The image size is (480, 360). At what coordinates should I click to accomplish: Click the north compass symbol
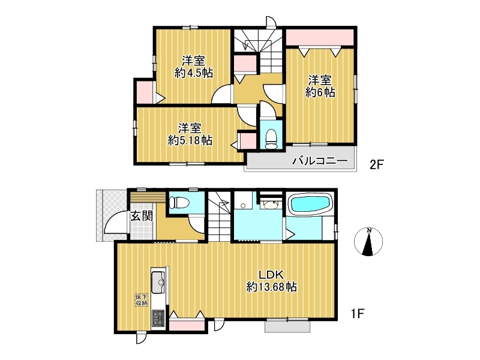[x=368, y=242]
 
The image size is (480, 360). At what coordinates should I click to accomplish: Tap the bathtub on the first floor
[x=310, y=203]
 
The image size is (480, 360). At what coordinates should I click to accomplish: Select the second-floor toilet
[x=271, y=139]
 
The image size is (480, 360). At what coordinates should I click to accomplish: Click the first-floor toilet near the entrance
[x=179, y=202]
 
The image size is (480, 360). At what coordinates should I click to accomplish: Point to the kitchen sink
[x=158, y=282]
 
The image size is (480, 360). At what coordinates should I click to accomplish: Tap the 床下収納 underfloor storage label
[x=142, y=299]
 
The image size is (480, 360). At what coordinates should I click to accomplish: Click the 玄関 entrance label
[x=142, y=216]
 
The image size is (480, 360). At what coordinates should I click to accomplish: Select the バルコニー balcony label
[x=320, y=160]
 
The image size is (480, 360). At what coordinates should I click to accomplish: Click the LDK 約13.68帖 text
[x=272, y=281]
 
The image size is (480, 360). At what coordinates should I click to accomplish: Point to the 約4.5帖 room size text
[x=194, y=73]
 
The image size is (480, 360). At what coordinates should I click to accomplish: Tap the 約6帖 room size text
[x=320, y=92]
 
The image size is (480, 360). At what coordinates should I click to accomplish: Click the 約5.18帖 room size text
[x=190, y=140]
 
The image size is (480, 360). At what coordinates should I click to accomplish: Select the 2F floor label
[x=377, y=164]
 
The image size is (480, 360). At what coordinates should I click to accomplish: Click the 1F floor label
[x=357, y=313]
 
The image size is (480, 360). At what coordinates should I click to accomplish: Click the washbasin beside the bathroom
[x=271, y=204]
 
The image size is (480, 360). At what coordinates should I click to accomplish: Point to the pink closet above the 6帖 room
[x=320, y=37]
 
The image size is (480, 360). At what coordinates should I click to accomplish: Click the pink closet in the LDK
[x=187, y=325]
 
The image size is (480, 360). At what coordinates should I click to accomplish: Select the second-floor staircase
[x=259, y=50]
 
